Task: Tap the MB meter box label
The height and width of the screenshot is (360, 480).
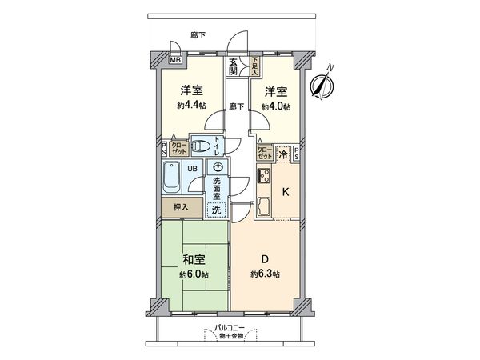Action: (x=175, y=58)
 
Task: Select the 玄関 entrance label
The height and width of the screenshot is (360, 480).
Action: (x=233, y=67)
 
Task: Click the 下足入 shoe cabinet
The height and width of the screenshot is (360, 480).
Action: (x=255, y=64)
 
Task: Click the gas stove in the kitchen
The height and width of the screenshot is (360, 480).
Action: (x=264, y=175)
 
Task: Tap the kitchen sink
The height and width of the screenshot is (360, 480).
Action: (x=264, y=209)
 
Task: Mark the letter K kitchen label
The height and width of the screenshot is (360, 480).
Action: (x=286, y=191)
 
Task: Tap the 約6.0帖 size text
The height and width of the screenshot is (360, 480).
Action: (x=193, y=274)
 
